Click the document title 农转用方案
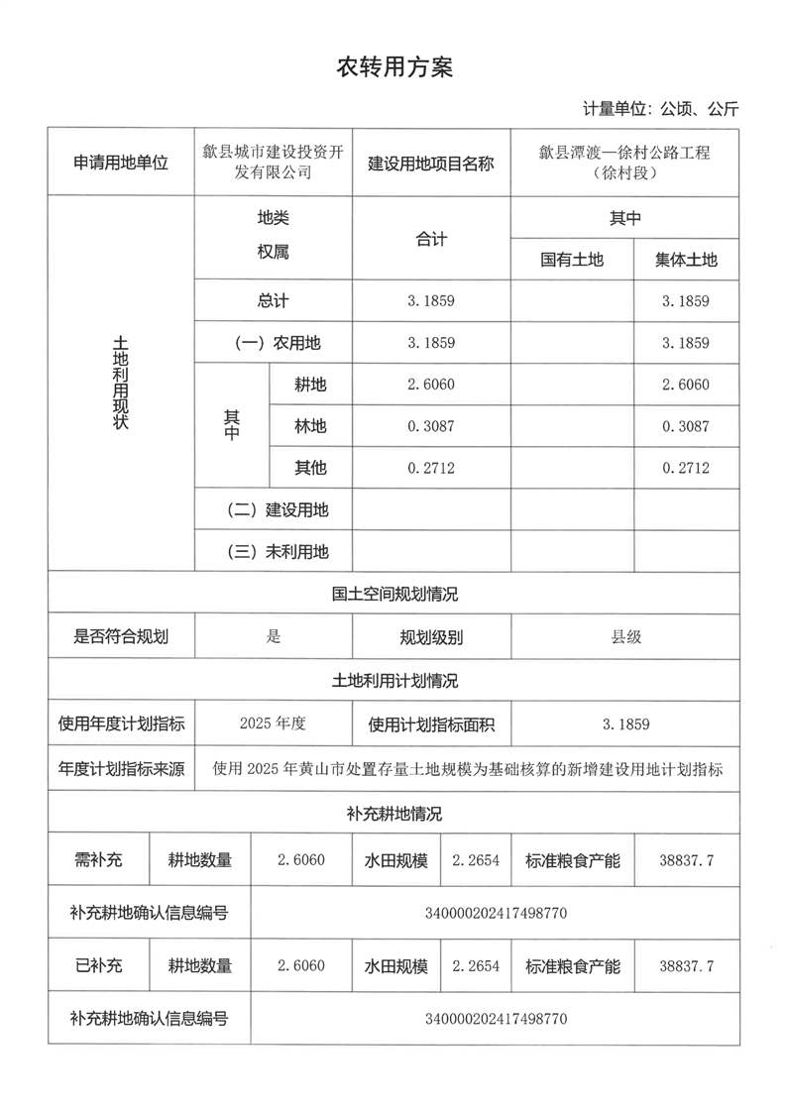tap(394, 67)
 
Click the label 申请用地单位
tap(121, 163)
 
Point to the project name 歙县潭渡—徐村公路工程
tap(624, 153)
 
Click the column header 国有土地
tap(571, 260)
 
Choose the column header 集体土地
tap(686, 260)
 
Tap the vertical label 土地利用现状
tap(121, 383)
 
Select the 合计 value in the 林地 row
tap(430, 426)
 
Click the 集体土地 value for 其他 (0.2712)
tap(686, 468)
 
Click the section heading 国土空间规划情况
tap(394, 595)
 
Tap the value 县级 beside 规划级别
tap(625, 637)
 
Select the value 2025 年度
tap(273, 723)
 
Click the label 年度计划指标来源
tap(121, 769)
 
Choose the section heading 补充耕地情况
tap(394, 814)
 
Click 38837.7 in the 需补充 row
tap(686, 860)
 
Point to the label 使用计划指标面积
tap(431, 724)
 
